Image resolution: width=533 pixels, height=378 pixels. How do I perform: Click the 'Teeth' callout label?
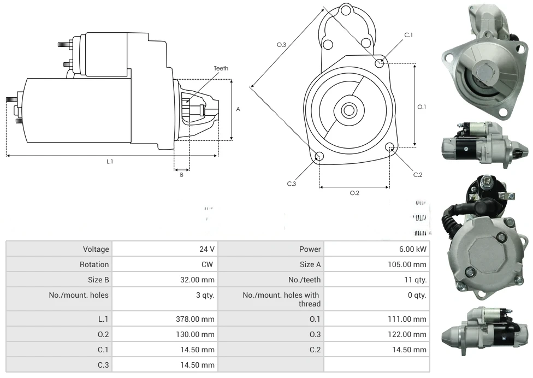(221, 68)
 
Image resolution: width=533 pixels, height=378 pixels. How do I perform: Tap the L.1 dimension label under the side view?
(110, 161)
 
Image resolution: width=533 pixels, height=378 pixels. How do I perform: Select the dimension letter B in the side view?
(182, 175)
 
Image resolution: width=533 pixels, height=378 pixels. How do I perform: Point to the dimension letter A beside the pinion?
(238, 109)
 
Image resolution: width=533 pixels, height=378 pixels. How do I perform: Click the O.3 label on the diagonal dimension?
(282, 45)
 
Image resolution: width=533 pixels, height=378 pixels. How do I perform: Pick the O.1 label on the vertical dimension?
(422, 107)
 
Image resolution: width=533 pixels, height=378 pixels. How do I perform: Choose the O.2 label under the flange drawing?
(354, 193)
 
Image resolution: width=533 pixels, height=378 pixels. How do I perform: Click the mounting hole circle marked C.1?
(380, 63)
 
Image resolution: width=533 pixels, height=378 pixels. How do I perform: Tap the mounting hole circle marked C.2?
(390, 147)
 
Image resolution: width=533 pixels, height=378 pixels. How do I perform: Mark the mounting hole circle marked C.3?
(319, 157)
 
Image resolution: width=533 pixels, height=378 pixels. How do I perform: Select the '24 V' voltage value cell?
(206, 249)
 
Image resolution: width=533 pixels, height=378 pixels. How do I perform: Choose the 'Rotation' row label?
(94, 264)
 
